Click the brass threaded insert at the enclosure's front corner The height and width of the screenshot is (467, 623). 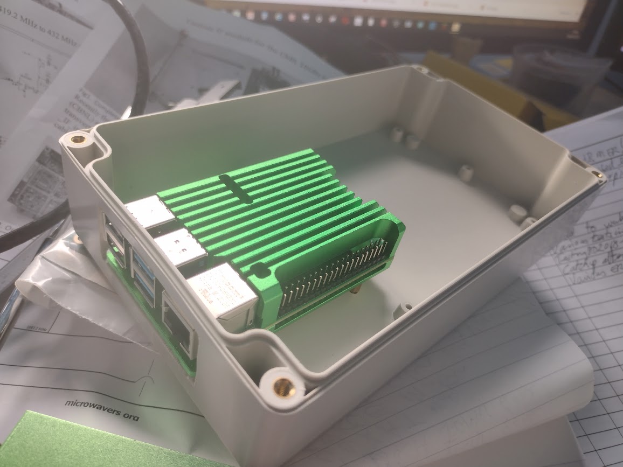pyautogui.click(x=281, y=385)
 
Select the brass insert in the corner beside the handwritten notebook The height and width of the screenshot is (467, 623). pyautogui.click(x=594, y=173)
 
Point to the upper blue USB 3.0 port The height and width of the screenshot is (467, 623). pyautogui.click(x=143, y=263)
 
